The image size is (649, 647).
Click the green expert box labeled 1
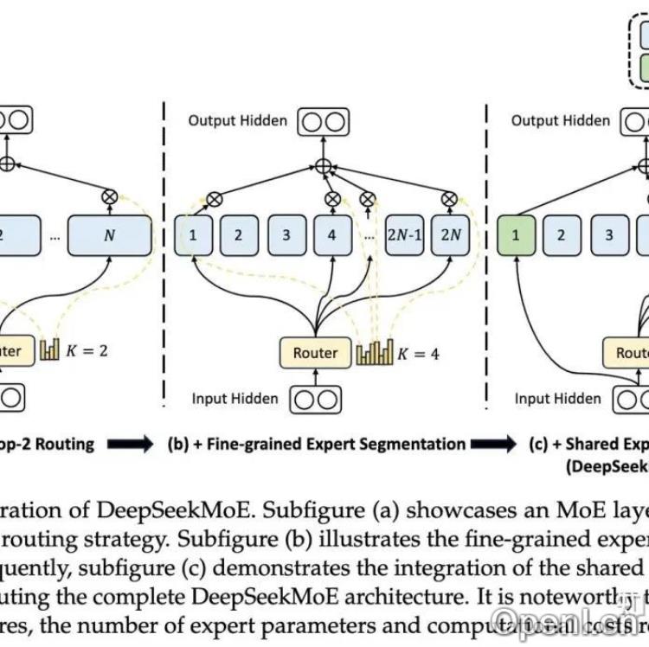[516, 234]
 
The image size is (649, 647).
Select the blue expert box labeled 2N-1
[404, 234]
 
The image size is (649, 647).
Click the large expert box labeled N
[109, 234]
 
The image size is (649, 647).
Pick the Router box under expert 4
[315, 352]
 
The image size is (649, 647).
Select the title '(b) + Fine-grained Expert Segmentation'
[316, 444]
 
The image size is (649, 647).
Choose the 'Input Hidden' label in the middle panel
[235, 399]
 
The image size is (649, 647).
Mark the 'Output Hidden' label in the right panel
[560, 120]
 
